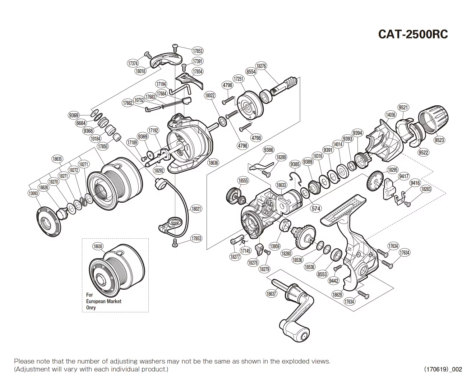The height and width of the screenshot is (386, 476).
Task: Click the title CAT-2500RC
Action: click(x=413, y=34)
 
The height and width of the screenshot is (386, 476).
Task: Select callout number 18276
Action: click(x=261, y=66)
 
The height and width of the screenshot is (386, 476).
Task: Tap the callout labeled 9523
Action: click(x=439, y=140)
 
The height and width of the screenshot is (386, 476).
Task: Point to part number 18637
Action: click(x=271, y=294)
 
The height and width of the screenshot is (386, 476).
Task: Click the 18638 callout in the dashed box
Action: click(x=98, y=247)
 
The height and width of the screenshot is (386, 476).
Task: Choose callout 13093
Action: click(x=33, y=194)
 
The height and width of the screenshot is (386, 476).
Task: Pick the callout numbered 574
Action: click(x=316, y=208)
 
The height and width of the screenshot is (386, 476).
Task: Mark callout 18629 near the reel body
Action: click(x=337, y=295)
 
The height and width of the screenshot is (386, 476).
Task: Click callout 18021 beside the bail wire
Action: click(x=196, y=208)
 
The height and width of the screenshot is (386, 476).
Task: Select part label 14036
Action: click(x=390, y=115)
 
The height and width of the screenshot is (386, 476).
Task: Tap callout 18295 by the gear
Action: click(x=393, y=170)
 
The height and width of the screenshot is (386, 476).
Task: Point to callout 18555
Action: click(x=243, y=181)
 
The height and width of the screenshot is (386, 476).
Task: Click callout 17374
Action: click(x=133, y=64)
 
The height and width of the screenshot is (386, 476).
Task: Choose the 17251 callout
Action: click(x=239, y=79)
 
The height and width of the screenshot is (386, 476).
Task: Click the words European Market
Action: click(x=103, y=301)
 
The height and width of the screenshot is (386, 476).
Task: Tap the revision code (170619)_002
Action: click(x=443, y=369)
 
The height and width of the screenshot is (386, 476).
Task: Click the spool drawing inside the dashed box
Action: click(x=115, y=270)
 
